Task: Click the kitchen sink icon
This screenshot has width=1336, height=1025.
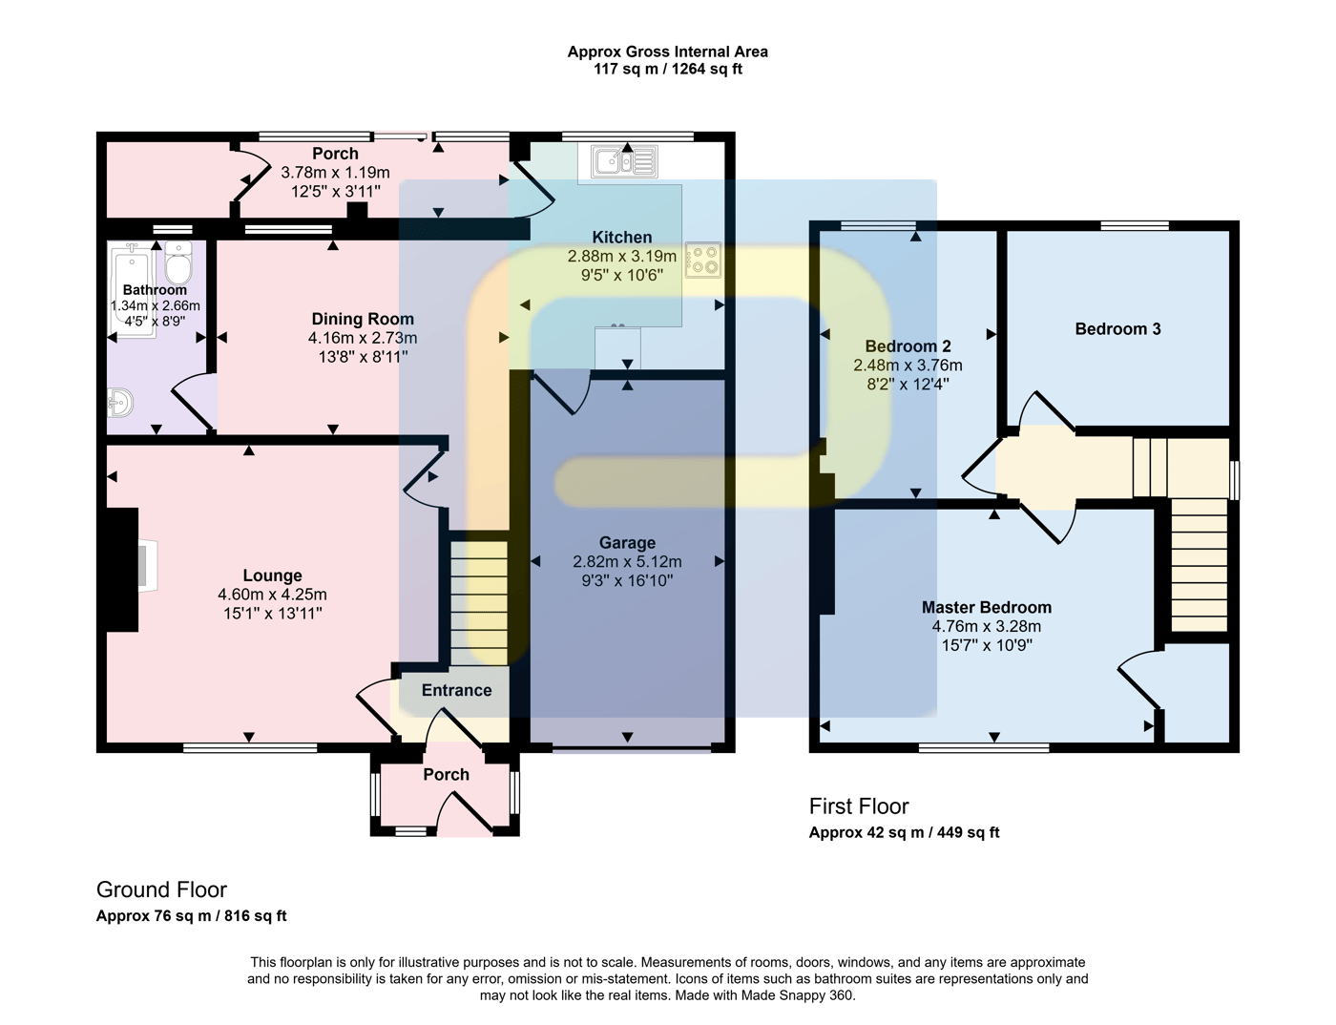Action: click(624, 161)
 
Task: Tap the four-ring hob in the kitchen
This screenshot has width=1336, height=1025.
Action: click(703, 261)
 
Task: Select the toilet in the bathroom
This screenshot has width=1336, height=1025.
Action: click(178, 262)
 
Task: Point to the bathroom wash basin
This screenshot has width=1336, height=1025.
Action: click(120, 403)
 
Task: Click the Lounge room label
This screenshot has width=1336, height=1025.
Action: click(272, 575)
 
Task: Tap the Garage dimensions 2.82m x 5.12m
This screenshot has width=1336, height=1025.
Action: click(627, 561)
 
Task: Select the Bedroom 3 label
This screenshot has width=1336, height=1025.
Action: click(1117, 329)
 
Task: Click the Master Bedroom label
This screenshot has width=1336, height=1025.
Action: click(986, 608)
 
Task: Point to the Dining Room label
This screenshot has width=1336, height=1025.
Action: click(363, 319)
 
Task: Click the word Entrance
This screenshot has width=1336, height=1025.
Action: click(456, 691)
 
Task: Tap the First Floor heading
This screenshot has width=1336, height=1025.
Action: click(858, 806)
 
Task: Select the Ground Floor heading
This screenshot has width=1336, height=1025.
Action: click(161, 889)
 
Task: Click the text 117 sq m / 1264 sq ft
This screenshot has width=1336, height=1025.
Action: click(668, 69)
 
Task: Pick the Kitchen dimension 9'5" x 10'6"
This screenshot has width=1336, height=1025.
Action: click(622, 275)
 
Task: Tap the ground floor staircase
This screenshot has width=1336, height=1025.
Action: click(480, 603)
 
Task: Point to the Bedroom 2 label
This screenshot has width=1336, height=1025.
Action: click(908, 346)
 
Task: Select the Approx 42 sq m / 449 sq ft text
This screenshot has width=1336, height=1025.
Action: click(904, 832)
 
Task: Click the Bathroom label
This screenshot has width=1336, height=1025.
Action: click(155, 289)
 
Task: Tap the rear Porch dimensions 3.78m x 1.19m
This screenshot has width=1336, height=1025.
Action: click(335, 172)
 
